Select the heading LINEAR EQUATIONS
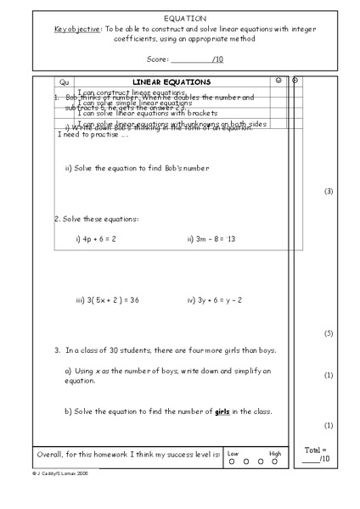(x=172, y=81)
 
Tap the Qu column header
(x=63, y=81)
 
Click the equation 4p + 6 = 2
(x=96, y=239)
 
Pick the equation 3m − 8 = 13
(x=211, y=239)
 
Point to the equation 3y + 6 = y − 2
(x=216, y=300)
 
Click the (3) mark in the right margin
(x=329, y=192)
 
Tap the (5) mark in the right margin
(x=329, y=333)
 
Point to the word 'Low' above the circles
(x=233, y=454)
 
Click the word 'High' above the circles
(x=274, y=454)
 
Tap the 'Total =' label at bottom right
(x=315, y=450)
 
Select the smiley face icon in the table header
(x=278, y=81)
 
